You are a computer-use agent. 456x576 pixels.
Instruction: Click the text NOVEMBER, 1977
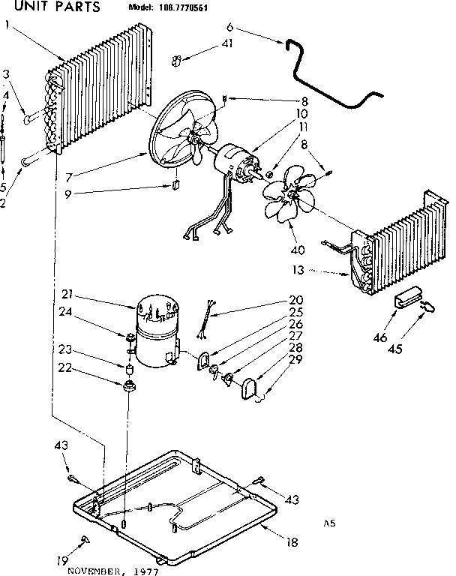tap(109, 570)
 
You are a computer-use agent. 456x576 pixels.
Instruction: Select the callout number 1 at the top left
tap(7, 24)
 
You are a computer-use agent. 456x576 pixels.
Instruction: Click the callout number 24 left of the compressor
tap(65, 314)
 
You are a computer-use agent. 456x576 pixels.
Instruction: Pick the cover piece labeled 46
tap(406, 298)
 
